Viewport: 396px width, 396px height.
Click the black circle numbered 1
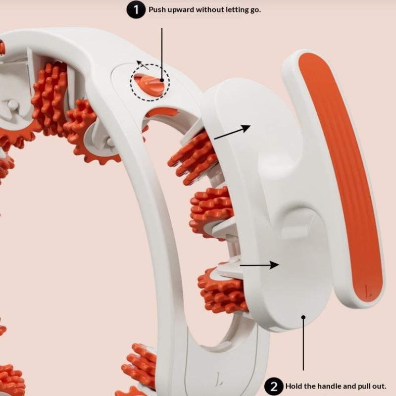(136, 10)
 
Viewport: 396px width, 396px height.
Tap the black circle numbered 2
(274, 387)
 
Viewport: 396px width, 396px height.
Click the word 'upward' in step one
(179, 10)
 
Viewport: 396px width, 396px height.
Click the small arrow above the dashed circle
(143, 65)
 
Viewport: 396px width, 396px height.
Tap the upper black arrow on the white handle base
(232, 132)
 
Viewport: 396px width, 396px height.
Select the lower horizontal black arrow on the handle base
(259, 265)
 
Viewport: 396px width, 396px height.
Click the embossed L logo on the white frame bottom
(219, 379)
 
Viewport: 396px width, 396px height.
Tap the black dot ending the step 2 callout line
(303, 317)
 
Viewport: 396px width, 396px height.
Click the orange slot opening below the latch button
(162, 112)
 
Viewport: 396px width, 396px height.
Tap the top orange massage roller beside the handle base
(194, 158)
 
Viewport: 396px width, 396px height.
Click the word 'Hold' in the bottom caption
(294, 386)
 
